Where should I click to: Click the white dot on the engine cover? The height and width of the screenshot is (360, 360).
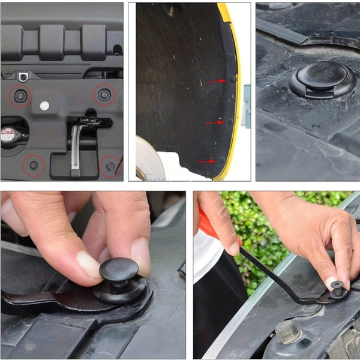tap(44, 106)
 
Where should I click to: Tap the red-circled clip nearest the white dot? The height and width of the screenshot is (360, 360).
tap(20, 95)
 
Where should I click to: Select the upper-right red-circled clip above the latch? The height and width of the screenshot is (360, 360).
tap(104, 94)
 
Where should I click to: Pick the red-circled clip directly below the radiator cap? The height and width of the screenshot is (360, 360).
tap(34, 165)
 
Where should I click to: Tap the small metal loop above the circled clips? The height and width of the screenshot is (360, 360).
tap(23, 76)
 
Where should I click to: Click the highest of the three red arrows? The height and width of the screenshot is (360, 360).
tap(216, 81)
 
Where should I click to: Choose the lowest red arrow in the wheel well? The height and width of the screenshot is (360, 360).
tap(205, 161)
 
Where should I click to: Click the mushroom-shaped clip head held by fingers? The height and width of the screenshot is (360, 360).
tap(119, 269)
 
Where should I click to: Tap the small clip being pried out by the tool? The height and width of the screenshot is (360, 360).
tap(337, 288)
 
